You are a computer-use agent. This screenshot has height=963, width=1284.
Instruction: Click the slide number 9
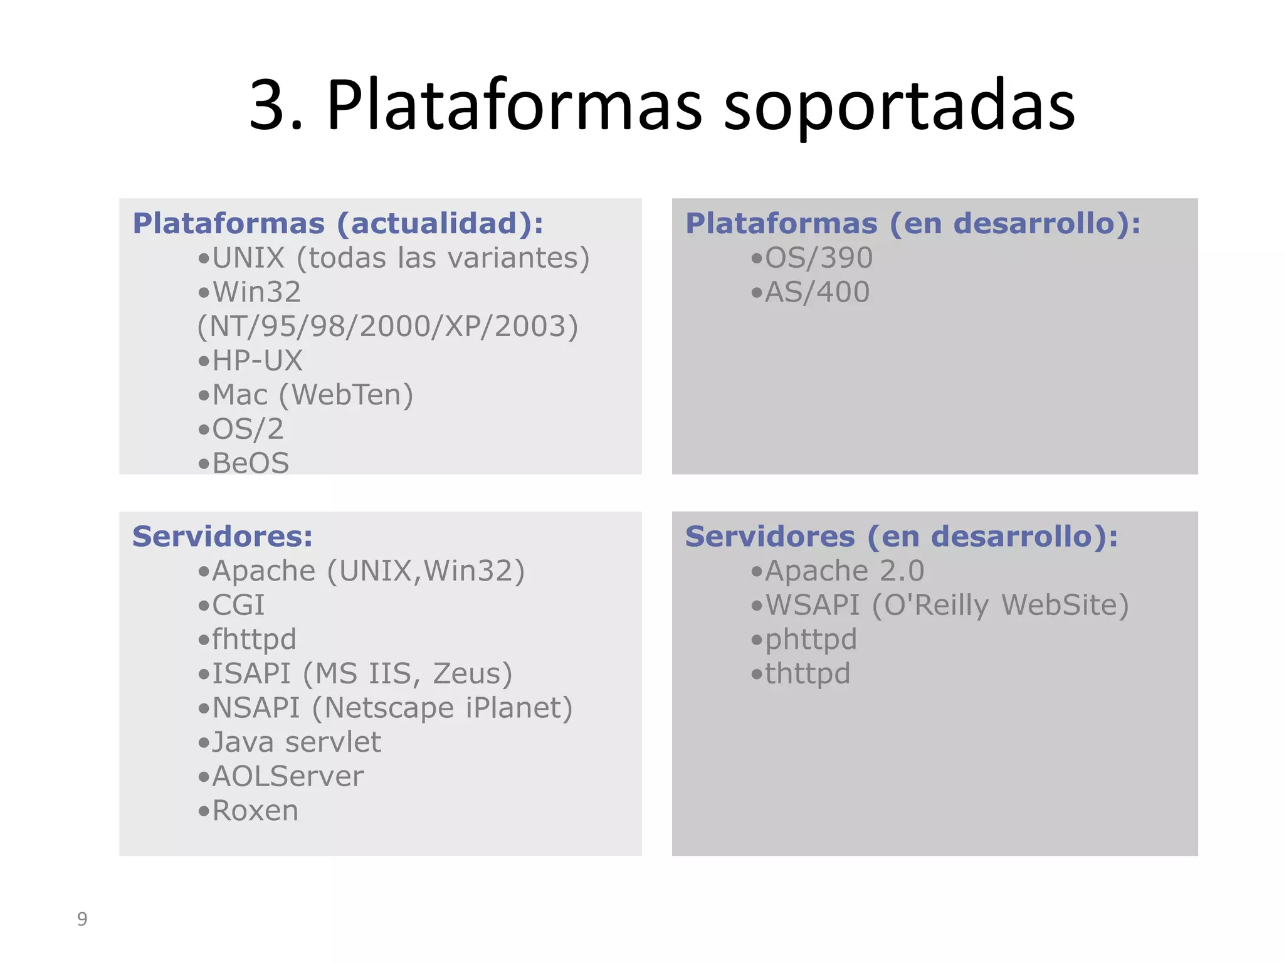click(x=82, y=919)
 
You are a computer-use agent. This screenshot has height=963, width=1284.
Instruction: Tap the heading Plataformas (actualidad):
click(x=338, y=224)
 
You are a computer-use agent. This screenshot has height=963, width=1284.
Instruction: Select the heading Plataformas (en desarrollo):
click(x=913, y=224)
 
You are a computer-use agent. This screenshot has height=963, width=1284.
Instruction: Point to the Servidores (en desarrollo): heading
click(x=902, y=537)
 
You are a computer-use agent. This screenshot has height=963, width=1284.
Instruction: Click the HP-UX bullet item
click(x=257, y=360)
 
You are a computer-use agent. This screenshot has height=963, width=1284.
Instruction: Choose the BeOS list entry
click(x=251, y=463)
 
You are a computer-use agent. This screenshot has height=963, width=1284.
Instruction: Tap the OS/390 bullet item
click(x=818, y=258)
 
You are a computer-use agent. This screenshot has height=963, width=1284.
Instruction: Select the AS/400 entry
click(x=817, y=292)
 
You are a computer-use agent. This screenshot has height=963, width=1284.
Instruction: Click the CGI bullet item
click(x=238, y=605)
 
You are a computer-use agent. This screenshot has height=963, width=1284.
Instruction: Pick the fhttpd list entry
click(x=253, y=639)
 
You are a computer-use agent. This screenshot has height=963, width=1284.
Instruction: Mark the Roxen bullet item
click(x=255, y=811)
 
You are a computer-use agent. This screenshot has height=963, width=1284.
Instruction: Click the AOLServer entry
click(x=288, y=777)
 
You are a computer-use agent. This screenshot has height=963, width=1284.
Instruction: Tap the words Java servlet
click(x=296, y=742)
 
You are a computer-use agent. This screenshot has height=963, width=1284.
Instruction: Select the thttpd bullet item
click(x=807, y=674)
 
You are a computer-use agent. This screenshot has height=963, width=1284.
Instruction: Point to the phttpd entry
click(x=811, y=639)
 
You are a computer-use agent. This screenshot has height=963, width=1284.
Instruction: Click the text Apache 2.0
click(x=845, y=571)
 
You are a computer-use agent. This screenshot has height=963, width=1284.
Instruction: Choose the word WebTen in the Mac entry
click(x=346, y=395)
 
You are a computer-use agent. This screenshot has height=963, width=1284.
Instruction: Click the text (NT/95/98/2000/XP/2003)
click(x=387, y=327)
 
